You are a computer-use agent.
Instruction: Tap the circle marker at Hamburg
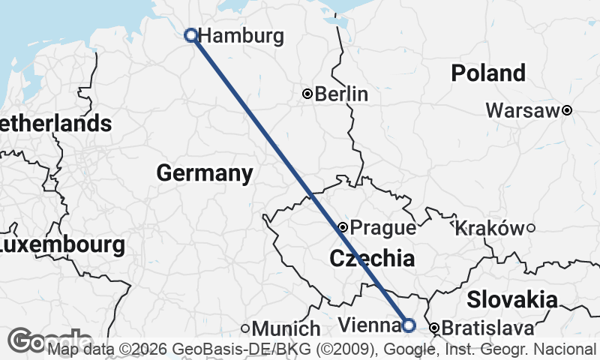click(x=191, y=34)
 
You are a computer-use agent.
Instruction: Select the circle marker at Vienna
click(x=409, y=325)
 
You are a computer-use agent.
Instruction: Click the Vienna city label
click(x=368, y=325)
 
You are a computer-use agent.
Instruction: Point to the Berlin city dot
click(x=307, y=94)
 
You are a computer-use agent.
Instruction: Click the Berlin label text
click(x=341, y=94)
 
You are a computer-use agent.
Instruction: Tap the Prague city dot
click(x=343, y=226)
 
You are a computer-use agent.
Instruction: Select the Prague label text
click(x=382, y=227)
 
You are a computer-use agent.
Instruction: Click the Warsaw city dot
click(x=567, y=110)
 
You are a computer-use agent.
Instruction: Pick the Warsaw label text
click(x=523, y=111)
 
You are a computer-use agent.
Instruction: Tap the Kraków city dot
click(x=530, y=228)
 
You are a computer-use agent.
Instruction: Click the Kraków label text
click(x=489, y=228)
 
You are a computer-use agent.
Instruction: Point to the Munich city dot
click(x=245, y=328)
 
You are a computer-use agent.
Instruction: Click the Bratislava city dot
click(x=433, y=328)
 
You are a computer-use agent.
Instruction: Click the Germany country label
click(x=204, y=173)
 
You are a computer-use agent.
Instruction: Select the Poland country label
click(x=488, y=73)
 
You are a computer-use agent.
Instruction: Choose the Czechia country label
click(x=372, y=259)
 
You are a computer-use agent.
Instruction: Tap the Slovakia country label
click(x=512, y=300)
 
